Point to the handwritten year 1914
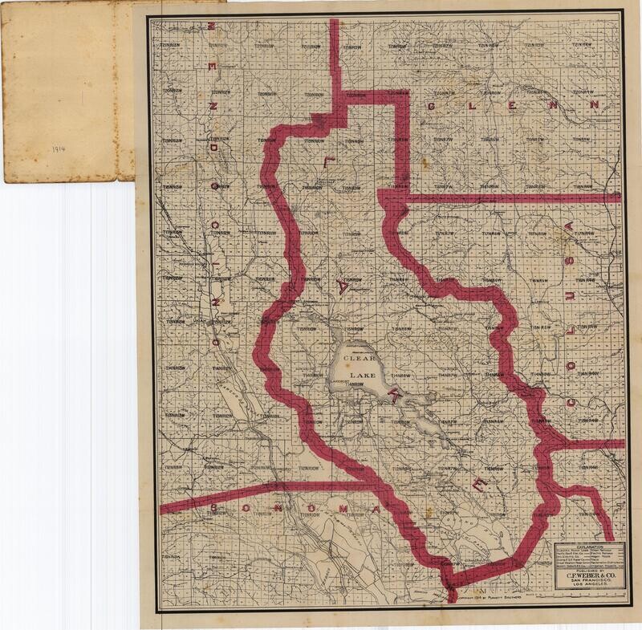tap(57, 149)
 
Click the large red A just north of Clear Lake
tap(343, 285)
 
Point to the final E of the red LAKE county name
tap(479, 483)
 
